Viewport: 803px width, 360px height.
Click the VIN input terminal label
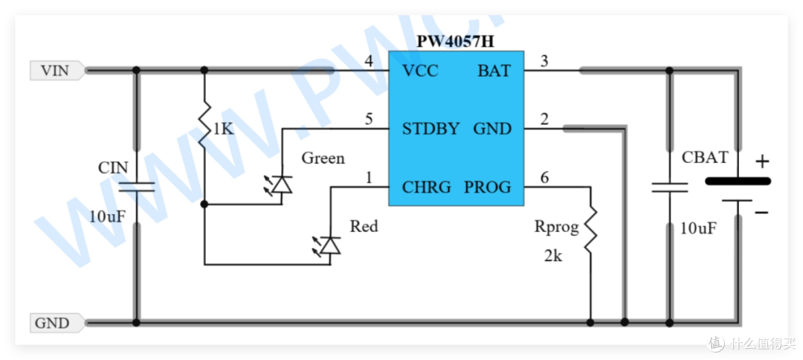point(55,70)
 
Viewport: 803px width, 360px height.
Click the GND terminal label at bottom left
point(52,323)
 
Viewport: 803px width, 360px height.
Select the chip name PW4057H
point(455,41)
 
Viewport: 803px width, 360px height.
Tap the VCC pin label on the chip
point(420,71)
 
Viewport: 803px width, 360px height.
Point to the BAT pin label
point(494,71)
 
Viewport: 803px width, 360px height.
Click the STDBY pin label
point(430,129)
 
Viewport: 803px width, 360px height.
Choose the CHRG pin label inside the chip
point(426,187)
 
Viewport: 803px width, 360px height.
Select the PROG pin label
point(487,187)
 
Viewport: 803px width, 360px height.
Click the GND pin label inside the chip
point(492,129)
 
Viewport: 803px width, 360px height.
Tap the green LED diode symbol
point(280,184)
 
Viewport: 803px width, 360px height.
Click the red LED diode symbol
point(329,245)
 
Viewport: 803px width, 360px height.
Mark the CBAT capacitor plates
point(669,187)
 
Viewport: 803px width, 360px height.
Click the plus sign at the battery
point(763,162)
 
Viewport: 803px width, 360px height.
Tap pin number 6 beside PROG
point(544,178)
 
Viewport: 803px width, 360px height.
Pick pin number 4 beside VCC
point(369,61)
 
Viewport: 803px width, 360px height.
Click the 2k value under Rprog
point(553,255)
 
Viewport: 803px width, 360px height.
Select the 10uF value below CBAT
point(698,228)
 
